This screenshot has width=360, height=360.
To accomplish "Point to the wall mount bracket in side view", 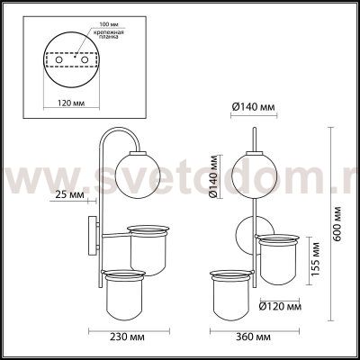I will coord(90,235).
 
